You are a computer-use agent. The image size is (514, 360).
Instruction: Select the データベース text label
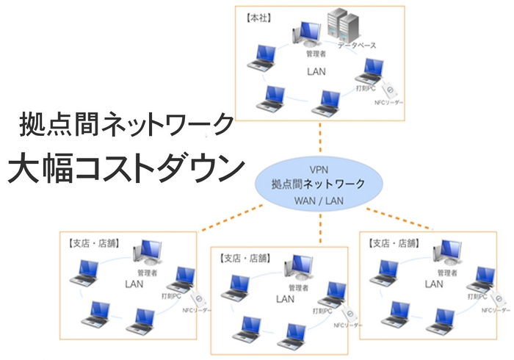click(357, 46)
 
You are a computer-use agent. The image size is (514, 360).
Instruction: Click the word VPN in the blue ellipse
click(318, 169)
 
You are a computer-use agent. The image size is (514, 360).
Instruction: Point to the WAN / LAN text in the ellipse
click(318, 200)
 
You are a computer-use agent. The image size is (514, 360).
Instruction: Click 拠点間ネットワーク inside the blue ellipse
click(318, 184)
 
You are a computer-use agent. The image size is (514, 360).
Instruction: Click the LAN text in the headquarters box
click(316, 71)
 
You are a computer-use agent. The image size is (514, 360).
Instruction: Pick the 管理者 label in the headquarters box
click(316, 54)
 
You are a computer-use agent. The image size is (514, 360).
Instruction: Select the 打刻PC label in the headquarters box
click(362, 89)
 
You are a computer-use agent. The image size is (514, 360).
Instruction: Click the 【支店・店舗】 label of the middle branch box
click(242, 258)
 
